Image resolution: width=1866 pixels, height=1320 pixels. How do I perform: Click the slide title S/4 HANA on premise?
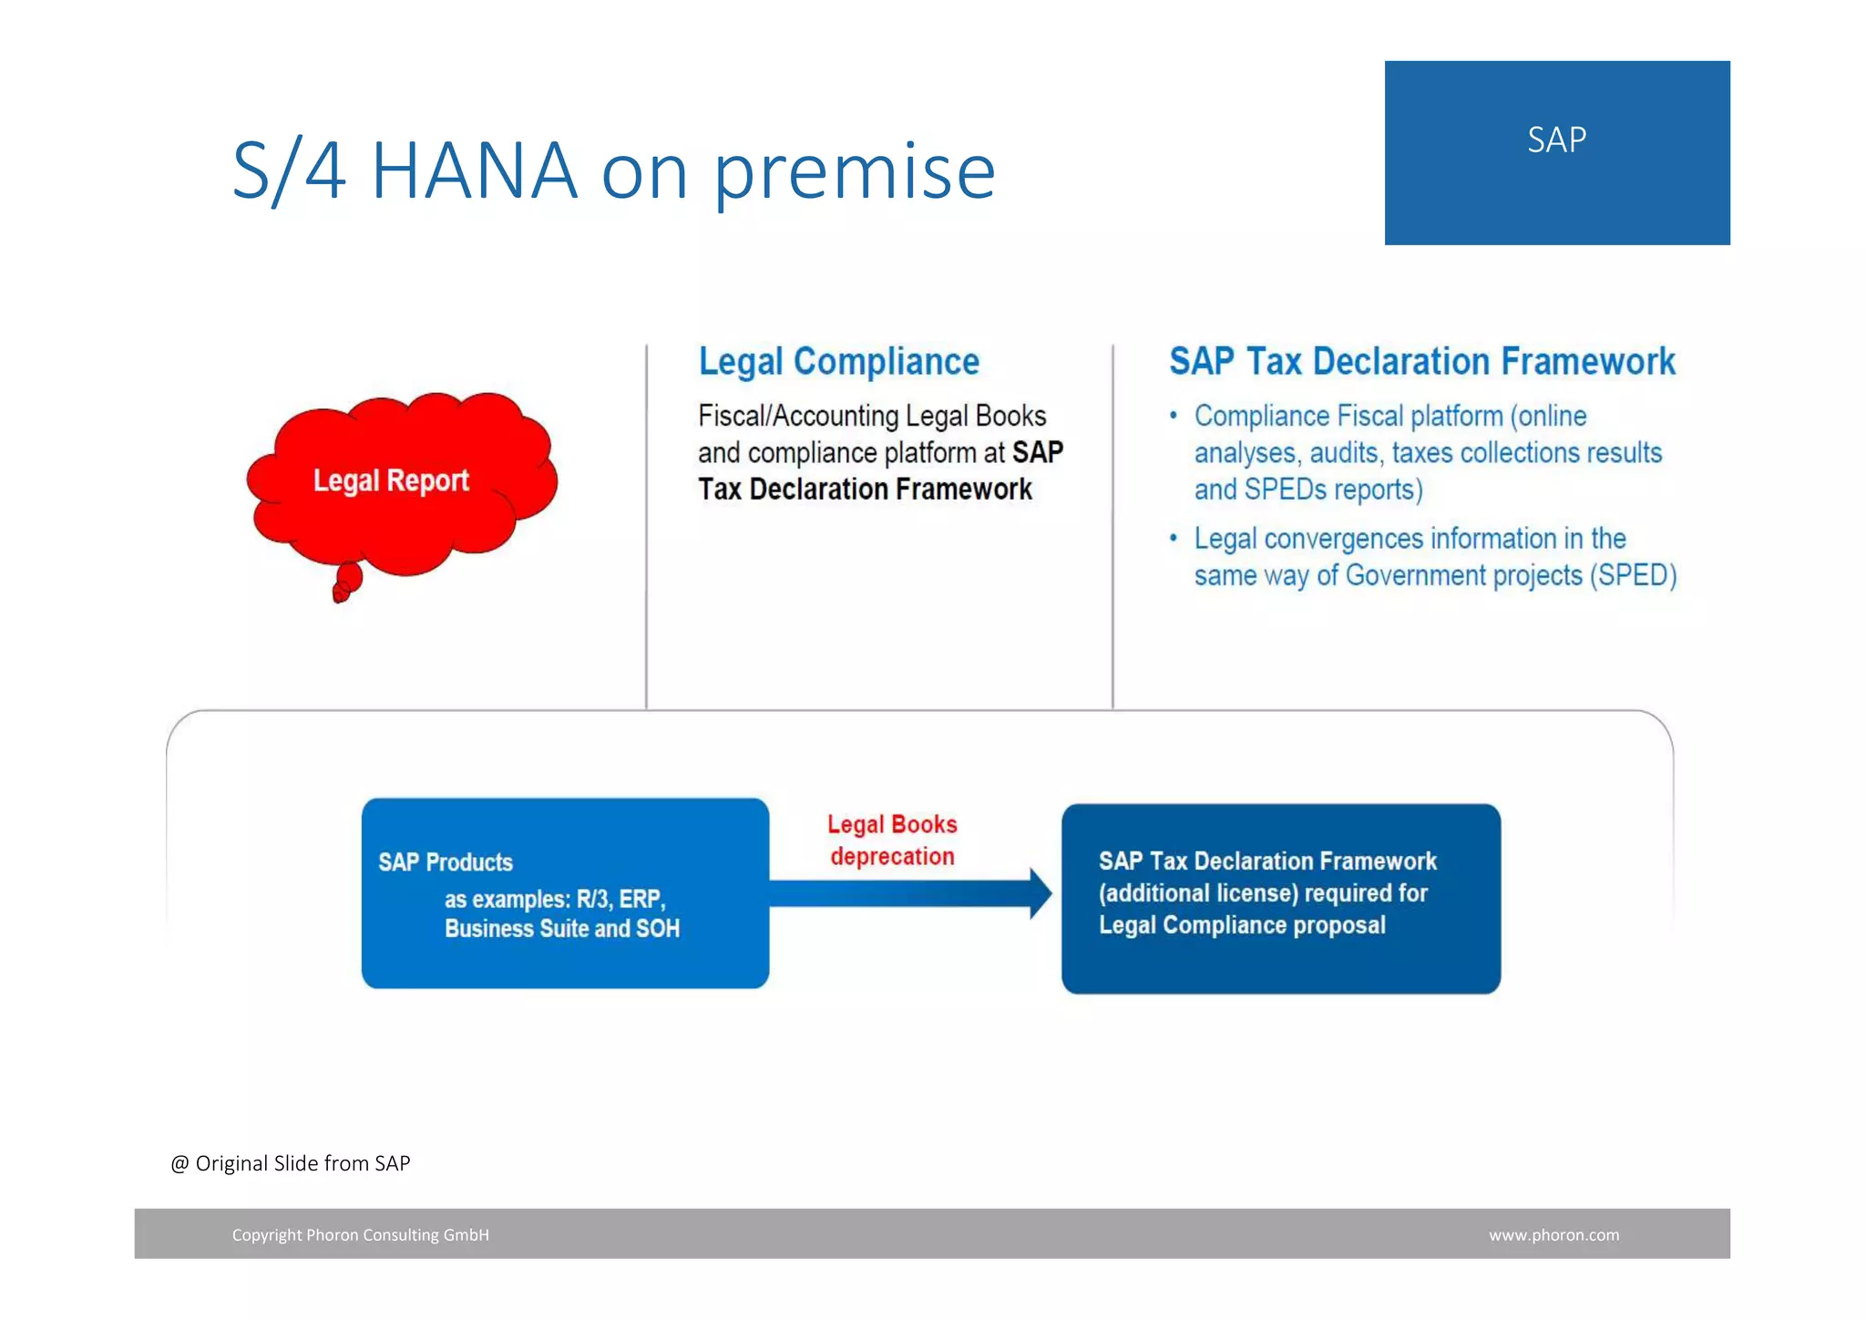click(613, 170)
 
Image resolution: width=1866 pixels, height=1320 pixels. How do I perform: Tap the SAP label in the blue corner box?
click(1556, 140)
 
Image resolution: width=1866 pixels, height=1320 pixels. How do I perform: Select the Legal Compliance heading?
click(838, 362)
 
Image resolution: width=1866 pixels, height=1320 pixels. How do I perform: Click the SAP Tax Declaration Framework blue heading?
click(1421, 362)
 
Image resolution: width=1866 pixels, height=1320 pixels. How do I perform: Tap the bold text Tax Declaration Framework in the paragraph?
click(865, 490)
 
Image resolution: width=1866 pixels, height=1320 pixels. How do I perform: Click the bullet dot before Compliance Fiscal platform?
click(1174, 416)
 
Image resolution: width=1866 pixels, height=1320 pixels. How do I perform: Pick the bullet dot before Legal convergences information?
click(1174, 538)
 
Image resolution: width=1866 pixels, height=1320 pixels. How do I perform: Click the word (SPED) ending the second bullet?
click(1633, 575)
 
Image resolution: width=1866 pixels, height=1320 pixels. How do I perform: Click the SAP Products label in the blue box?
click(446, 862)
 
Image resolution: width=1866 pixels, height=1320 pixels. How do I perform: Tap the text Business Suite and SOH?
click(561, 929)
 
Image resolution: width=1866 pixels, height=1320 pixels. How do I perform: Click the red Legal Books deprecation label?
click(892, 840)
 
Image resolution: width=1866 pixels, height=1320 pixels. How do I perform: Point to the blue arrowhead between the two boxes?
click(1040, 893)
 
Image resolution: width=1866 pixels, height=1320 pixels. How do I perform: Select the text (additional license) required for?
click(1262, 893)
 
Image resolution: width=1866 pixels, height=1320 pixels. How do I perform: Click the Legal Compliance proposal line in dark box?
click(1241, 925)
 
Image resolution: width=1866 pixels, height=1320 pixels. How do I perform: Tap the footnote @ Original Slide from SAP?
click(291, 1163)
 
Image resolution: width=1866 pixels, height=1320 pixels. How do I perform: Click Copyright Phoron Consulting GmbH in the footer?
click(360, 1235)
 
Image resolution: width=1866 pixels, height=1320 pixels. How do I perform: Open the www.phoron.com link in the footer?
click(1553, 1235)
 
